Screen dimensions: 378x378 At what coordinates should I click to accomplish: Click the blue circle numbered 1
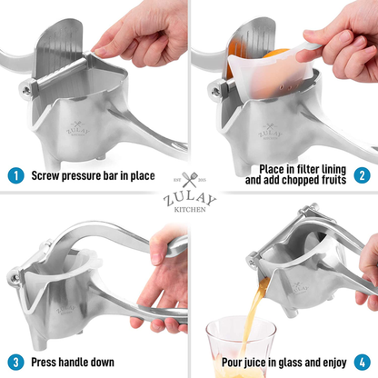[x=15, y=175]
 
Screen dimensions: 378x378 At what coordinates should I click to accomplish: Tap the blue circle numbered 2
[x=362, y=175]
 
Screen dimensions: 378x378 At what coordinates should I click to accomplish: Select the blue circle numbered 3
[x=15, y=363]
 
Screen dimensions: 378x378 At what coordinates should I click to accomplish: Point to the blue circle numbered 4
[x=363, y=363]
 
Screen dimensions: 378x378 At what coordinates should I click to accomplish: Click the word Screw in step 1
[x=45, y=175]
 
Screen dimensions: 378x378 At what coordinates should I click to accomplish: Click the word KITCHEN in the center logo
[x=190, y=209]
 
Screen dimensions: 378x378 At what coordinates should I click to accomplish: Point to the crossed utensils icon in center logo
[x=190, y=180]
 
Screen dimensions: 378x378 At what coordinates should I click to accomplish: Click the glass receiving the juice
[x=242, y=347]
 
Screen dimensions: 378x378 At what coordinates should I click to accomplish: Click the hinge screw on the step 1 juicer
[x=26, y=90]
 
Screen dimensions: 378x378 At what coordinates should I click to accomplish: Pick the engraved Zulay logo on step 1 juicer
[x=78, y=129]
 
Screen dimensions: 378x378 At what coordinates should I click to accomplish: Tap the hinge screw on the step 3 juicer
[x=14, y=277]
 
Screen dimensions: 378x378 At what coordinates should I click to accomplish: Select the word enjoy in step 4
[x=333, y=363]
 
